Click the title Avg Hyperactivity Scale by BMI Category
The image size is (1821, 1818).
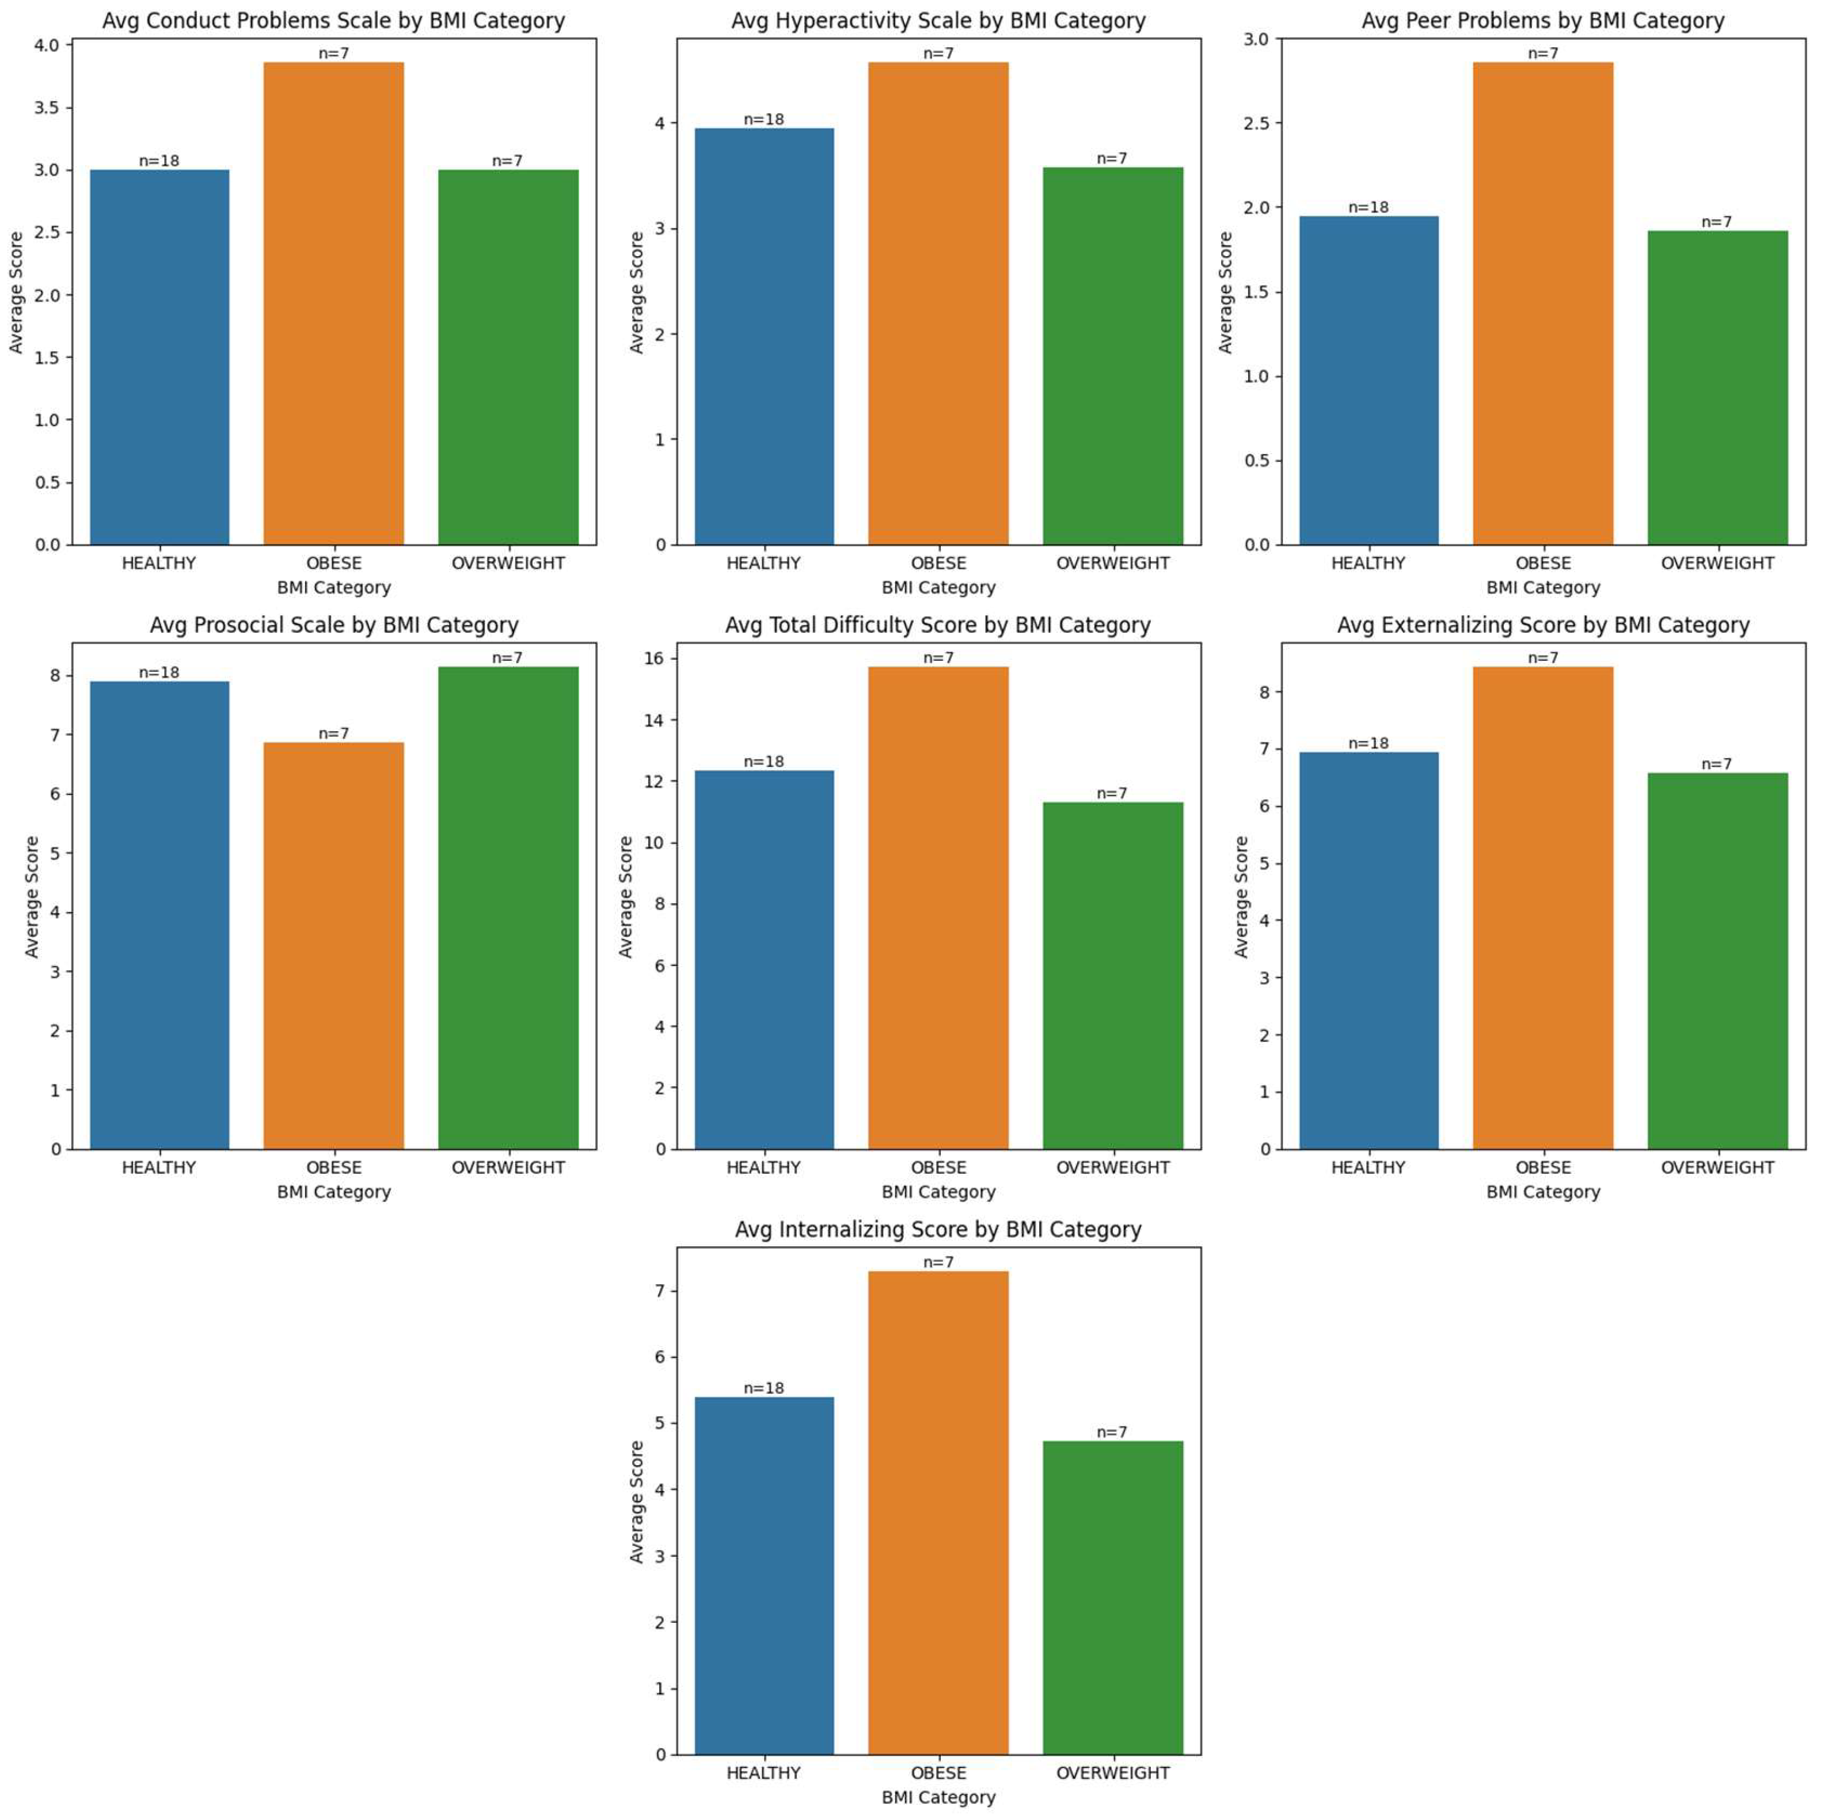(938, 21)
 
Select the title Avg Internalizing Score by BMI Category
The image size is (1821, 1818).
(938, 1230)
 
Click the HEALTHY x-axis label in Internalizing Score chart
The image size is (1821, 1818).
(763, 1773)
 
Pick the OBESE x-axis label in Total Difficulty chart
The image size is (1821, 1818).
(938, 1167)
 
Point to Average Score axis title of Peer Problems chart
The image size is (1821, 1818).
(1225, 292)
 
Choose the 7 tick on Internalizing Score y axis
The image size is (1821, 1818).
(660, 1290)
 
